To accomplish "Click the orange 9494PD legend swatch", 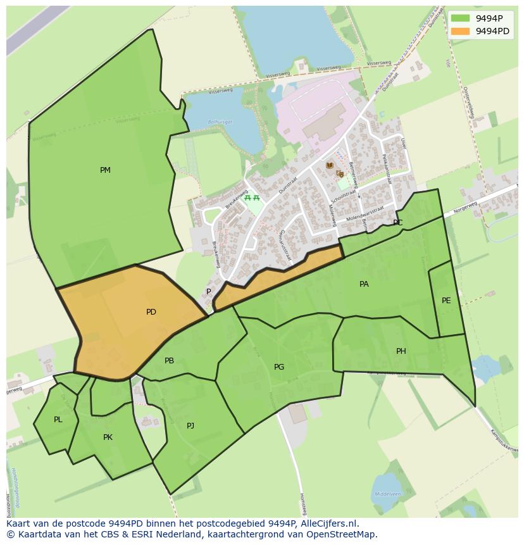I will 461,31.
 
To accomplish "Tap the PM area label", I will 105,170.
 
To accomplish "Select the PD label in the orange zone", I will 151,312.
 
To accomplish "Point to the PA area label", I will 364,284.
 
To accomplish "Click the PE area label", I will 446,301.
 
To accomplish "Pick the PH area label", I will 401,351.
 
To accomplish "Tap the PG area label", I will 279,367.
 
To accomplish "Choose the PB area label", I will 169,361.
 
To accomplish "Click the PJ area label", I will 190,426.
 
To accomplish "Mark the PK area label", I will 108,437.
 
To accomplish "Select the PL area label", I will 58,420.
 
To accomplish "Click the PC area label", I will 397,223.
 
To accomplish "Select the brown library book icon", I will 329,165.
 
